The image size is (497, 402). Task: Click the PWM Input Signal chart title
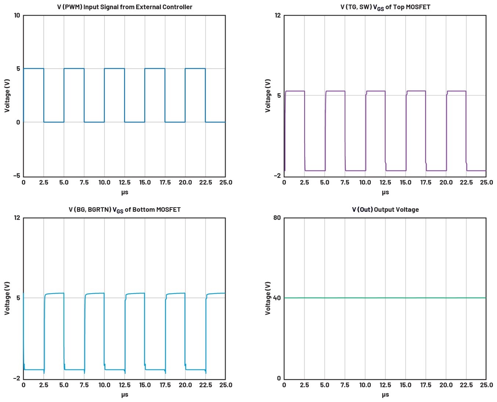[124, 7]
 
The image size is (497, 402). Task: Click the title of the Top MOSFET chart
[385, 7]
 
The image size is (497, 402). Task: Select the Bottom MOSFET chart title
[124, 210]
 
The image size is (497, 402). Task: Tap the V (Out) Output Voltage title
[385, 209]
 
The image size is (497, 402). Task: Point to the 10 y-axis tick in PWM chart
[17, 15]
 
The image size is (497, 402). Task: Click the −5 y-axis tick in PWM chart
[17, 176]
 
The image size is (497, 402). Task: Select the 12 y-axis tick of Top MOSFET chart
[277, 15]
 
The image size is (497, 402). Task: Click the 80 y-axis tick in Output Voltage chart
[277, 218]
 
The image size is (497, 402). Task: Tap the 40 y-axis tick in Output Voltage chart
[277, 298]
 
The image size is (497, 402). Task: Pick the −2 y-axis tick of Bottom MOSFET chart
[17, 378]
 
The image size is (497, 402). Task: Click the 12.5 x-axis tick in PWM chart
[124, 182]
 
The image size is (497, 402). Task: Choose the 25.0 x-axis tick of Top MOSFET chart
[486, 182]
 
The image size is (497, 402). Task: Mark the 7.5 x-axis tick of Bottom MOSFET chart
[84, 385]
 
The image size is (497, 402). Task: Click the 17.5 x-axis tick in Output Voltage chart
[425, 385]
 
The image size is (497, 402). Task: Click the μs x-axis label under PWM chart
[124, 192]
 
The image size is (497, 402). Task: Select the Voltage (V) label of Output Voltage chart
[268, 298]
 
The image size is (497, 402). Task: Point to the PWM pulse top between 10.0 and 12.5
[114, 69]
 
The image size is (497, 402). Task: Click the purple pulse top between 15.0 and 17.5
[416, 91]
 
